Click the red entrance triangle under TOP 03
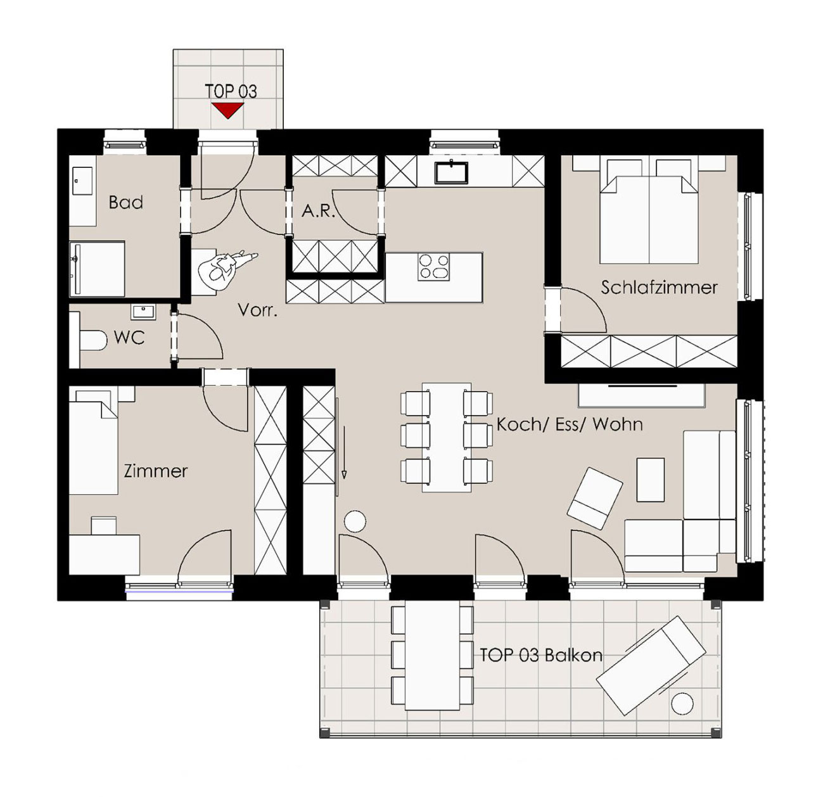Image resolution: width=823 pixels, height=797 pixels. (227, 110)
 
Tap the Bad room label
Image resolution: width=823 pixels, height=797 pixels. (125, 203)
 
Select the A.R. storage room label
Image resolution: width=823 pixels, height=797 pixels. (318, 210)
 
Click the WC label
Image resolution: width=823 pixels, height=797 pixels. (129, 338)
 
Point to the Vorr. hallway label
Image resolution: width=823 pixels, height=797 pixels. (257, 310)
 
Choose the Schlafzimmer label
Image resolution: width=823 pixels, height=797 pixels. (659, 288)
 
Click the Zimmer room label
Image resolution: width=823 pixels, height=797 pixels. (156, 471)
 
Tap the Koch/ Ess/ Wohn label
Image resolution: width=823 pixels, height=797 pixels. (569, 424)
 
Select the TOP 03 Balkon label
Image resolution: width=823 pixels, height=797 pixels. (541, 655)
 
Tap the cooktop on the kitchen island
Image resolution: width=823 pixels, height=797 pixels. (433, 267)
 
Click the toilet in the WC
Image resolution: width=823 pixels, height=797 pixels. (93, 340)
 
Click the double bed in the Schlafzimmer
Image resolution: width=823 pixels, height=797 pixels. (649, 211)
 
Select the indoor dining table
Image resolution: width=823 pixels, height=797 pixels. (447, 437)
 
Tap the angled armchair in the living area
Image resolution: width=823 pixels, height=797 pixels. (594, 498)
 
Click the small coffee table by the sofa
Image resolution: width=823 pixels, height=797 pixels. (651, 480)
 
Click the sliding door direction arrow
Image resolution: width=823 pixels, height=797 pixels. (344, 452)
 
